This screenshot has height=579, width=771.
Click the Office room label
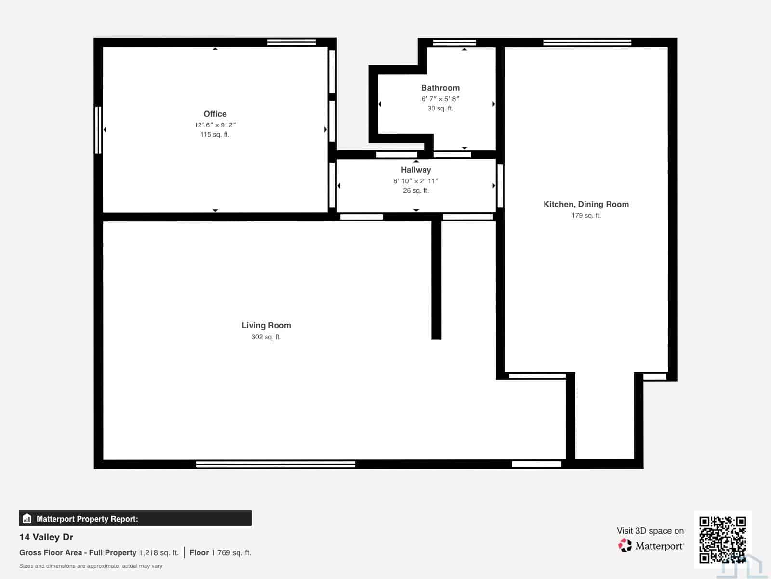215,114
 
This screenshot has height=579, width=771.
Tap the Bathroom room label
440,88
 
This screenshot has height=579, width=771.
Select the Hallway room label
416,170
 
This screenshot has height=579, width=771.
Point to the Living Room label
266,326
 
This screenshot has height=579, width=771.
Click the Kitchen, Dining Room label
586,204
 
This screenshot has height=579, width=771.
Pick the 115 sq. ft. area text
214,134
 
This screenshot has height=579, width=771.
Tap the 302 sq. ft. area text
266,337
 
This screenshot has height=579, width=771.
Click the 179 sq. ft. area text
586,215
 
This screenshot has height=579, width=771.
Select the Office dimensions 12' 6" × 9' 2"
215,125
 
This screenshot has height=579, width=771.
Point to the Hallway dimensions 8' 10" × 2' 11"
415,181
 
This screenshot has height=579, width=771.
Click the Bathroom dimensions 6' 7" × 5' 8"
440,99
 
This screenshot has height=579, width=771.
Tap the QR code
722,540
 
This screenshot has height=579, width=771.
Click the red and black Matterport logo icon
625,545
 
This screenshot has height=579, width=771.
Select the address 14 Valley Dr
46,537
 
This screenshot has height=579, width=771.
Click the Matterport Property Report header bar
135,519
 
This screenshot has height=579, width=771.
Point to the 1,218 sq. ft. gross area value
159,552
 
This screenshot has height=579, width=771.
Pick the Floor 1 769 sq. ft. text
220,552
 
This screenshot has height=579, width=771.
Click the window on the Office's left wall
98,130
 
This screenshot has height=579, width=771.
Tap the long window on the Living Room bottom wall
275,464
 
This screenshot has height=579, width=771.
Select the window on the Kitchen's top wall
587,42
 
